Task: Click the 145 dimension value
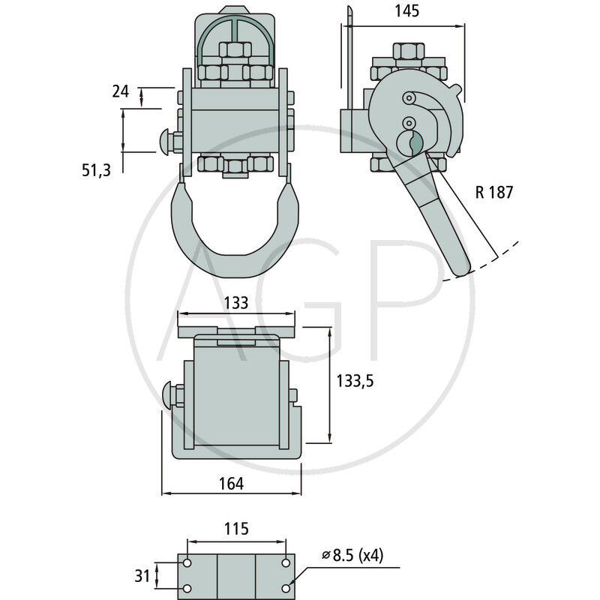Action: coord(409,10)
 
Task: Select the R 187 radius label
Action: coord(494,192)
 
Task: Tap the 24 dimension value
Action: coord(120,91)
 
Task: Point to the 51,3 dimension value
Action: coord(97,170)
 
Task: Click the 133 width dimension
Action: coord(236,303)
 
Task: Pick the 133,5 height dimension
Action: coord(355,380)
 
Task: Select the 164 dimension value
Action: coord(231,484)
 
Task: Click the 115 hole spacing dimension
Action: coord(236,529)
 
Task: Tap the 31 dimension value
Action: coord(142,576)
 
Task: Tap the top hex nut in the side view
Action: coord(409,51)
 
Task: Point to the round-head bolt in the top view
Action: coord(169,396)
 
